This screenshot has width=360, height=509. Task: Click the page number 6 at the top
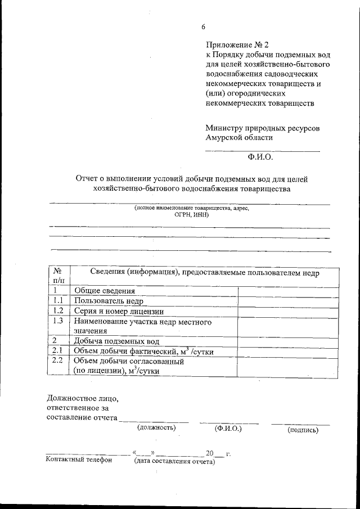pos(204,27)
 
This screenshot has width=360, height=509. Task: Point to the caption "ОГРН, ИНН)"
pos(191,214)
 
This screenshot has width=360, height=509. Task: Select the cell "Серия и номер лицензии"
pos(119,311)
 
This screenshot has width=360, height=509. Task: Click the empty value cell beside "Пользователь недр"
pos(288,301)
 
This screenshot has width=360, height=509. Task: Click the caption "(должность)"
pos(156,428)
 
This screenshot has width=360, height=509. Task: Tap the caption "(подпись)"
pos(303,430)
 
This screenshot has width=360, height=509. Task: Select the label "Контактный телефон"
pos(78,460)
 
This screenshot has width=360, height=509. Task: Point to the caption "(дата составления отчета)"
pos(174,462)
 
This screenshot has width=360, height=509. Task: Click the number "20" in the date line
pos(210,453)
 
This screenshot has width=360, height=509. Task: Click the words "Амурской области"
pos(239,137)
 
